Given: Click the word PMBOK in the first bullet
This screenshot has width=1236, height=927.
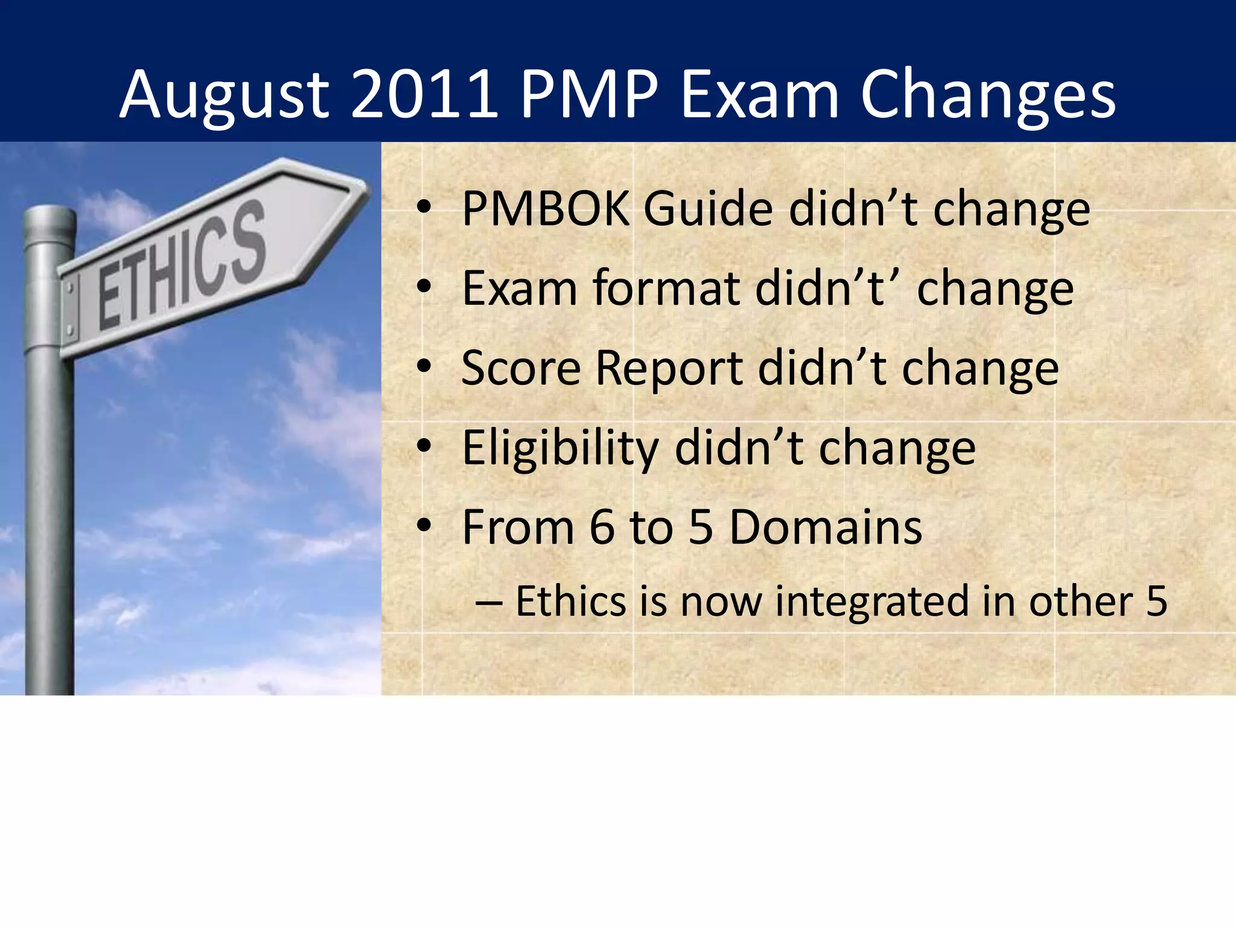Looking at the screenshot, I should [x=546, y=209].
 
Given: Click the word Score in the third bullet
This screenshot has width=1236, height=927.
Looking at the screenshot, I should [x=521, y=368].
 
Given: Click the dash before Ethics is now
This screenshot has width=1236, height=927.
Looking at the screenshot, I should [x=489, y=602].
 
